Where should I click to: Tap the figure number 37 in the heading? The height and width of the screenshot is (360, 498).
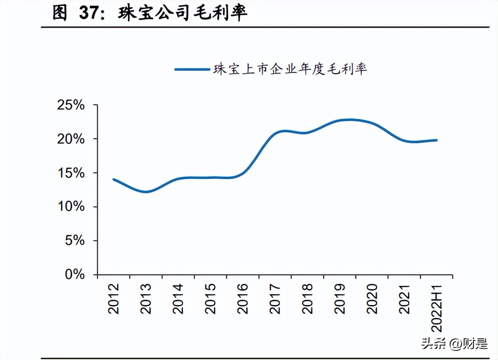[89, 13]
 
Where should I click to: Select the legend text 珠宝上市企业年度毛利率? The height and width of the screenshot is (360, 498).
[290, 69]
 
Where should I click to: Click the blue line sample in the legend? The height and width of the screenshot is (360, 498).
[192, 69]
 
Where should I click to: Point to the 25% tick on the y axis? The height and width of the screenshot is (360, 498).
[71, 105]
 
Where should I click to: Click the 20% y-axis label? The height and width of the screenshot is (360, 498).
[71, 139]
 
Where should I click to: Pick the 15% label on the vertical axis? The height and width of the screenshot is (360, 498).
[71, 173]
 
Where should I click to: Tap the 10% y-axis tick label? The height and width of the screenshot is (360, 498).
[71, 206]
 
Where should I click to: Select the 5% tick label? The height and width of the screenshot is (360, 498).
[75, 241]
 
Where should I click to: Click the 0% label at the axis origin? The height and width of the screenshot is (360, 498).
[75, 274]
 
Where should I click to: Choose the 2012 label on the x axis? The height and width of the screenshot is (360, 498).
[114, 299]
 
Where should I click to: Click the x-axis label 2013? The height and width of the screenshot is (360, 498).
[146, 299]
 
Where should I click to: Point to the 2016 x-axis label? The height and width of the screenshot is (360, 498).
[243, 299]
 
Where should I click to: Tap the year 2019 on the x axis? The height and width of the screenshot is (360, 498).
[340, 299]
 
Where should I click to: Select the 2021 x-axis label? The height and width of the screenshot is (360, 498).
[405, 299]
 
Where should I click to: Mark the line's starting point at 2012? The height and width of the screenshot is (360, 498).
[114, 180]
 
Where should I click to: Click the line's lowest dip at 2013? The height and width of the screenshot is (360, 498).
[146, 192]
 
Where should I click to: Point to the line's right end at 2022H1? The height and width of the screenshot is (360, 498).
[437, 140]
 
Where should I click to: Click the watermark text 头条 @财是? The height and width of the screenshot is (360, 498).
[454, 344]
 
